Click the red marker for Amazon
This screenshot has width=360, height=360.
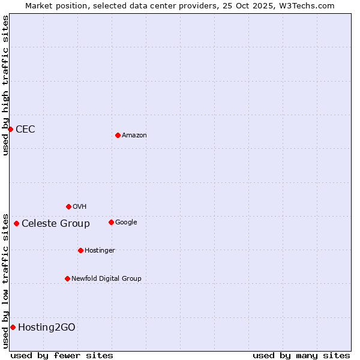118,135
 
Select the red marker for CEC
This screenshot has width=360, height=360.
10,129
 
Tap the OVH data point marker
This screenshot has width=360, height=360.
68,206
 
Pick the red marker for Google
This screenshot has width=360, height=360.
111,222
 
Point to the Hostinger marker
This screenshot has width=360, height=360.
80,250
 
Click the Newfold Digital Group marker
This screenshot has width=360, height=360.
67,278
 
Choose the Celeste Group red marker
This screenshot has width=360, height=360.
16,223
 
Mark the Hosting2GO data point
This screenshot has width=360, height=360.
13,327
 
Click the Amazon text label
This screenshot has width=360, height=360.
134,136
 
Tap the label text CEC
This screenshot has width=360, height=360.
25,129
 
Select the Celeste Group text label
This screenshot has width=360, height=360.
56,224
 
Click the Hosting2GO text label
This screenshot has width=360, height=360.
47,327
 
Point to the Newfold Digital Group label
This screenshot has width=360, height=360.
106,278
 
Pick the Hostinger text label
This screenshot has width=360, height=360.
100,250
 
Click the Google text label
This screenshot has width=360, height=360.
126,222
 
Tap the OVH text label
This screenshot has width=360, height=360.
79,206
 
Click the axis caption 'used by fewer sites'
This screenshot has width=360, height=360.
62,355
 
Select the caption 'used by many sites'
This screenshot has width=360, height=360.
301,355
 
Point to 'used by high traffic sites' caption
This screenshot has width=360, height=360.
5,85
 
